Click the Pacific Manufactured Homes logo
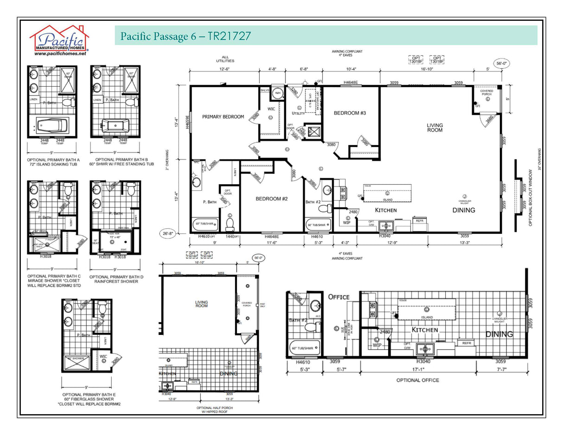pyautogui.click(x=59, y=38)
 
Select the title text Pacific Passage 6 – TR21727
pyautogui.click(x=186, y=36)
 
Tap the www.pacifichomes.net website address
pyautogui.click(x=60, y=54)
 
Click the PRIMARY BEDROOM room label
pyautogui.click(x=223, y=117)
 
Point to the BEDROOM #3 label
pyautogui.click(x=350, y=113)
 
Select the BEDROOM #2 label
pyautogui.click(x=272, y=198)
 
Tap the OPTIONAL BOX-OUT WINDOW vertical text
pyautogui.click(x=531, y=197)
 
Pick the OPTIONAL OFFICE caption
pyautogui.click(x=417, y=380)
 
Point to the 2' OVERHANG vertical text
pyautogui.click(x=166, y=159)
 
